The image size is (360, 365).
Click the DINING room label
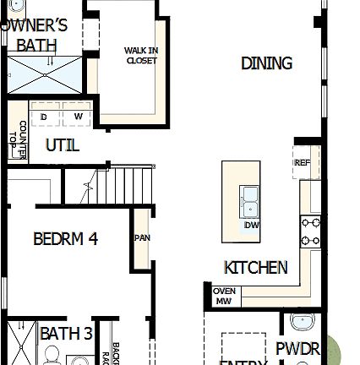point(266,63)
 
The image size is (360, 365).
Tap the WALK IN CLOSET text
point(141,56)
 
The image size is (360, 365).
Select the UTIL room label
point(63,145)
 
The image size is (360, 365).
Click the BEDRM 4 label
point(65,239)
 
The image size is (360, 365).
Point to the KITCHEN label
point(255,268)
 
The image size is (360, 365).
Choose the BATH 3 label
point(66,335)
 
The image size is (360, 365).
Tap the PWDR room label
point(297,348)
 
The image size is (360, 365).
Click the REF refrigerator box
point(302,163)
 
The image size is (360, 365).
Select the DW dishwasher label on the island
point(251,225)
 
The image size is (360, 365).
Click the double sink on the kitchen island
point(250,201)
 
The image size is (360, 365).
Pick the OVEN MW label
point(224,296)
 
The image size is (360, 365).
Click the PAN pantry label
point(142,237)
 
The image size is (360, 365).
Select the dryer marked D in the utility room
point(44,116)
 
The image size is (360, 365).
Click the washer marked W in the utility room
point(78,116)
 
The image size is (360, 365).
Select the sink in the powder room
point(300,322)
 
